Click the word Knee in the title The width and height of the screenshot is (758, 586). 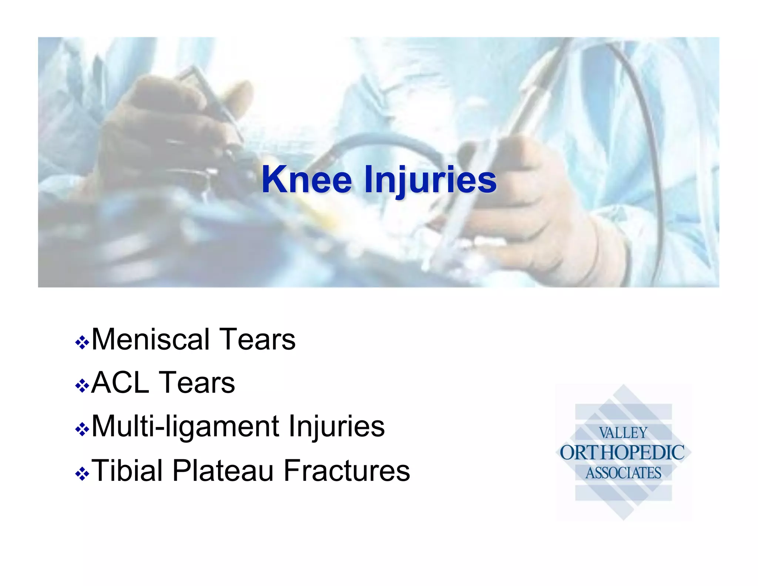point(306,180)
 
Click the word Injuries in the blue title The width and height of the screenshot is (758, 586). point(430,180)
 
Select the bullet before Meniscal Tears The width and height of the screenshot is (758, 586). point(82,342)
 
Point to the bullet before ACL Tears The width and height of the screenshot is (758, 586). point(82,386)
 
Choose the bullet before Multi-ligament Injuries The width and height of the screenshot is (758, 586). point(82,430)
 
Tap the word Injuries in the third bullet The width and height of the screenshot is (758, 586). point(337,426)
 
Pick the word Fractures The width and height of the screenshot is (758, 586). point(347,470)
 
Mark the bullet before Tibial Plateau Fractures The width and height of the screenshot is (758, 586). point(82,473)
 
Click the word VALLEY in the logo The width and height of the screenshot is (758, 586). point(623,433)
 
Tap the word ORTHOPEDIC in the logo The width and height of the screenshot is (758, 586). point(622,453)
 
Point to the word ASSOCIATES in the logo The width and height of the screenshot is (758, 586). point(623,473)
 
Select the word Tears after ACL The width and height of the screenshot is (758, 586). point(197,383)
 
